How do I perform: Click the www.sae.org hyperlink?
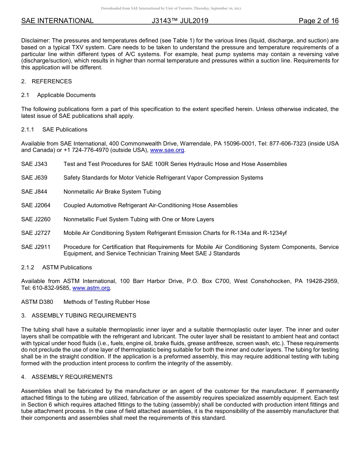[x=167, y=150]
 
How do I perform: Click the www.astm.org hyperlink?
[x=91, y=288]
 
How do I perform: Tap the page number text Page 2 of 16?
[x=318, y=21]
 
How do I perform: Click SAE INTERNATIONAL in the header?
[x=57, y=21]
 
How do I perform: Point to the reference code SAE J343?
[x=34, y=164]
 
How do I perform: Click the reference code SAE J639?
[x=34, y=178]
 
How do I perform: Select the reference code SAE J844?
[x=34, y=192]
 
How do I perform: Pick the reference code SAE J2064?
[x=36, y=205]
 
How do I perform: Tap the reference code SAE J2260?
[x=36, y=219]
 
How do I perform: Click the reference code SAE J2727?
[x=36, y=233]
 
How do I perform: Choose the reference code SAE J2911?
[x=36, y=247]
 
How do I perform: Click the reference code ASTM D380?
[x=37, y=302]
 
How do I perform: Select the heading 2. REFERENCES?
[x=47, y=81]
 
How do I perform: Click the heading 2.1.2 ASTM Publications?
[x=56, y=267]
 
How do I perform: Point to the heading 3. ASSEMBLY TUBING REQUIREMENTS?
[x=79, y=316]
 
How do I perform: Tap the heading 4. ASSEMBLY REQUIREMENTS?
[x=67, y=377]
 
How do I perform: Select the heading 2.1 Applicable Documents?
[x=58, y=95]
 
